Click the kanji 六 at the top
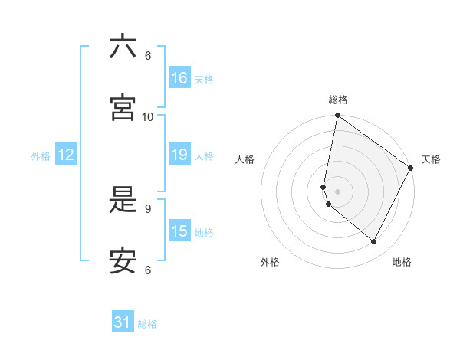coord(123,47)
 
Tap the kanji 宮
coord(123,108)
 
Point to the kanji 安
coord(123,261)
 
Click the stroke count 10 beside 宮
coord(148,116)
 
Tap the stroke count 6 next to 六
coord(148,55)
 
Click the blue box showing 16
coord(179,78)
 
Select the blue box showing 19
coord(179,155)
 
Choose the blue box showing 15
coord(179,231)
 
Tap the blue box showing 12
coord(66,155)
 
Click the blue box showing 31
coord(123,323)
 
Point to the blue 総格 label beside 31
coord(147,324)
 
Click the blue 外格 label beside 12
coord(41,156)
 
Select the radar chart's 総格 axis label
coord(338,100)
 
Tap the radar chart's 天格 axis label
coord(431,159)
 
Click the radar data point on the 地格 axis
coord(374,242)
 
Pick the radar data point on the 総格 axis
coord(337,116)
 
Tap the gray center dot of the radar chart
coord(337,191)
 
